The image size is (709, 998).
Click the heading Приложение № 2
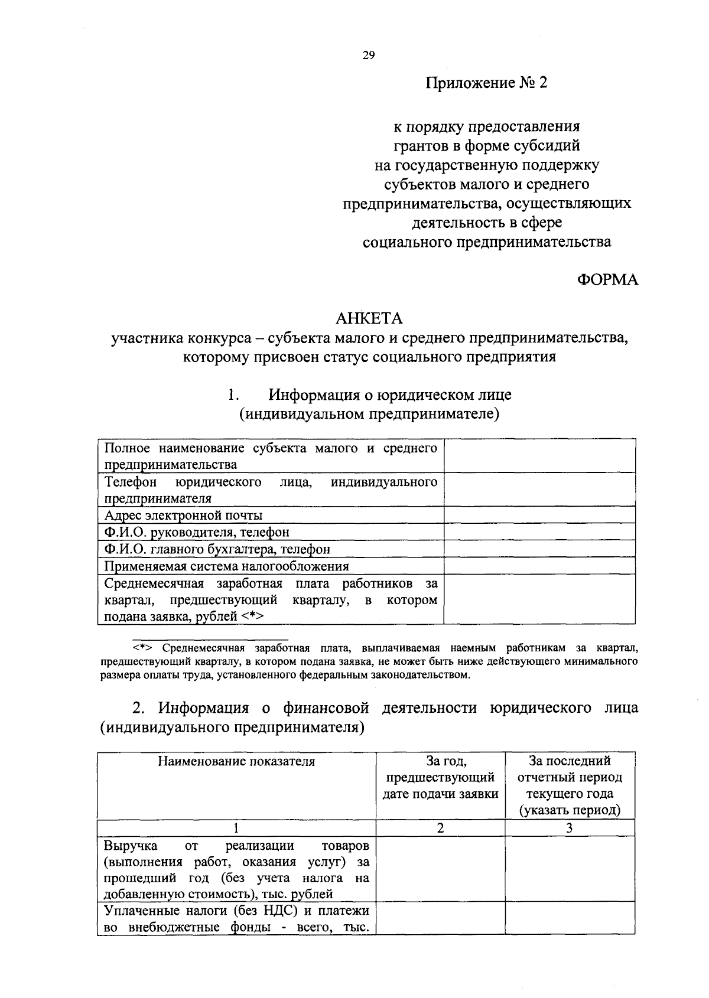point(487,83)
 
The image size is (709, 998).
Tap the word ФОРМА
point(607,280)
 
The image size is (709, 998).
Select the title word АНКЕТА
point(369,318)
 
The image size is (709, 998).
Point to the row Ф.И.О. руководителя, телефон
point(197,532)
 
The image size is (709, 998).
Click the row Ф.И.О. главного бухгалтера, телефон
point(217,549)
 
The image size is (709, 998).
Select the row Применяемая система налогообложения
point(226,566)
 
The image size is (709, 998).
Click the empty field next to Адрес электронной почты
point(539,515)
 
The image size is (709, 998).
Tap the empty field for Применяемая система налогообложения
point(539,566)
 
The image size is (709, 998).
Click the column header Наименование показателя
point(236,761)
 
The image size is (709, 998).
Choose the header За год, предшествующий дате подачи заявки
point(440,777)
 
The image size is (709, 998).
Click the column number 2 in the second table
point(440,828)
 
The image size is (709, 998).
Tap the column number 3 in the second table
point(570,828)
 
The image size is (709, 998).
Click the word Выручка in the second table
point(130,846)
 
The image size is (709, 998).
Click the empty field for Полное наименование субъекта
point(539,455)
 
